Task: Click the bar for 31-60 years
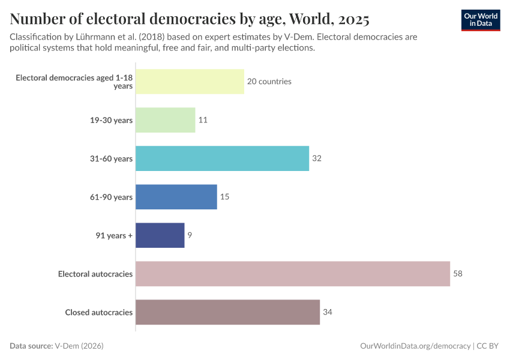[222, 158]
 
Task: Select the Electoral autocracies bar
[293, 274]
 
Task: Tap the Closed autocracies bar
[227, 312]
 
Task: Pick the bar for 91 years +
[160, 235]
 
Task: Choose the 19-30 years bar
[165, 120]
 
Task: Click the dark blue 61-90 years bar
[176, 197]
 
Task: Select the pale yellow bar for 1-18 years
[190, 82]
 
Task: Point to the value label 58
[458, 274]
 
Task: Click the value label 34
[328, 312]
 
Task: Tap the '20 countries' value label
[269, 82]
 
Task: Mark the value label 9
[190, 235]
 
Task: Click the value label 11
[203, 120]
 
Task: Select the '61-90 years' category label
[110, 197]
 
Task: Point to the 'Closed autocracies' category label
[98, 312]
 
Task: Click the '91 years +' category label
[113, 235]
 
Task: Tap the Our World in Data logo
[481, 20]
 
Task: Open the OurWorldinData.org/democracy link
[416, 346]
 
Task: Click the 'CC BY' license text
[488, 346]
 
